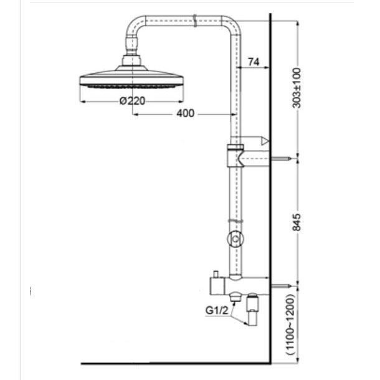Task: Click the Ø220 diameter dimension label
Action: [132, 100]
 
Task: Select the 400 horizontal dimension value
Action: [186, 113]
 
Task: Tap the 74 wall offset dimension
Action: [254, 62]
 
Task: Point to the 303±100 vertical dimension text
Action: [297, 88]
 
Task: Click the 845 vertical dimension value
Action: [297, 222]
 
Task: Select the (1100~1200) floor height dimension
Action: [290, 325]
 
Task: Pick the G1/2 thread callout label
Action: [217, 310]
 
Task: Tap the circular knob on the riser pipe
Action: [235, 239]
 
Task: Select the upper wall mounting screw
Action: [280, 158]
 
